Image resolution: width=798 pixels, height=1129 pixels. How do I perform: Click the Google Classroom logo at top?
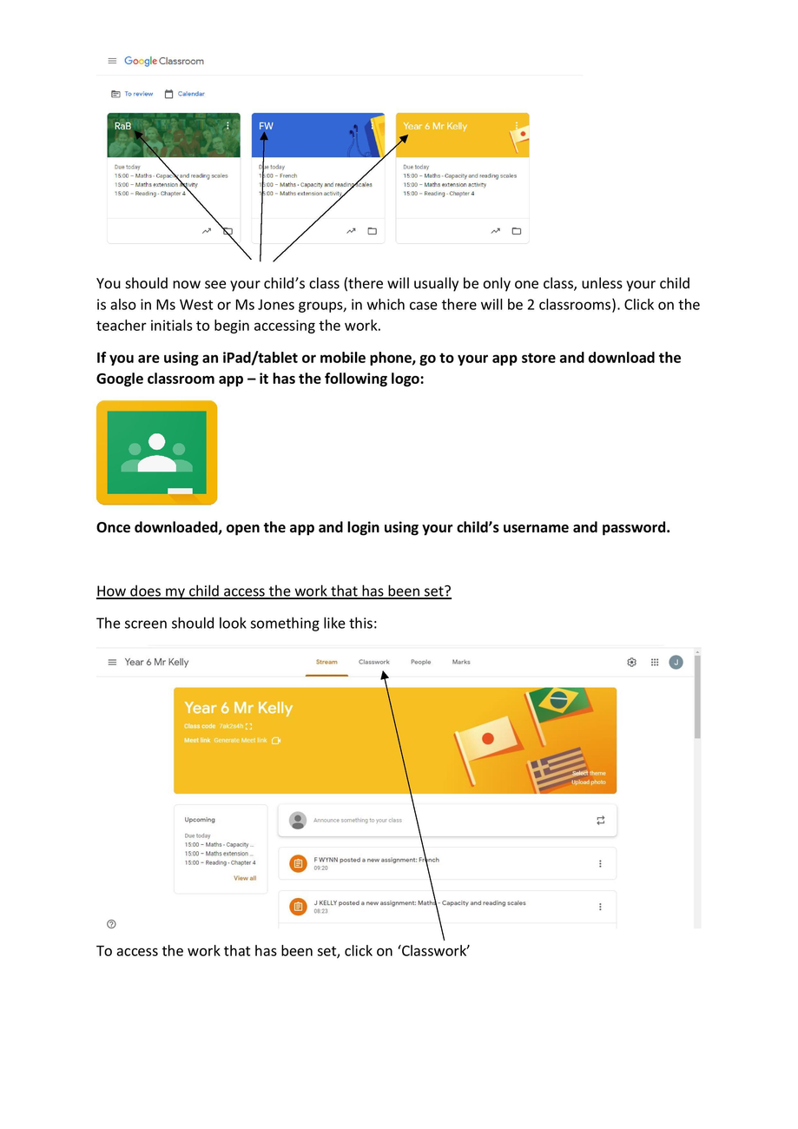click(163, 61)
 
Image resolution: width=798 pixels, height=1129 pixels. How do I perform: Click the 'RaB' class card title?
click(122, 126)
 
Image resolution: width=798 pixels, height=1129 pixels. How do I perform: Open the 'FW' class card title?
click(266, 126)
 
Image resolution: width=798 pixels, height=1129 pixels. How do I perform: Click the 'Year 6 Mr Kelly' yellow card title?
click(434, 126)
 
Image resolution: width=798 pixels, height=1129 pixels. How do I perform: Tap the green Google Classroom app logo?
click(156, 452)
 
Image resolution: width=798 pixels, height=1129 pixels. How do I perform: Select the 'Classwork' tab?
click(374, 662)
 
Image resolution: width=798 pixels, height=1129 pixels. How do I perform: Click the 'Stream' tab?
click(326, 662)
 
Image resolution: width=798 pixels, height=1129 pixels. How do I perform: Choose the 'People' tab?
click(420, 662)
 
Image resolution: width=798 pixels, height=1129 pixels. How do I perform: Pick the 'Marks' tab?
click(461, 662)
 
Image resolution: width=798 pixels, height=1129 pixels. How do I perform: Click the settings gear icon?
click(631, 662)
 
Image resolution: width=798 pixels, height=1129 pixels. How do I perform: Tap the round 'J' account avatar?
click(676, 662)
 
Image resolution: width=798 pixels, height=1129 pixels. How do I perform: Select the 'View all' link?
click(245, 878)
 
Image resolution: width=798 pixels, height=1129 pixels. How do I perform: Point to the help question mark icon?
click(111, 924)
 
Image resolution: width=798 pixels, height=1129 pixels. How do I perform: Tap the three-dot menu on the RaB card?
click(228, 126)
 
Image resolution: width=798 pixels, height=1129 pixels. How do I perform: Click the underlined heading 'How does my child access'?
click(274, 591)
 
